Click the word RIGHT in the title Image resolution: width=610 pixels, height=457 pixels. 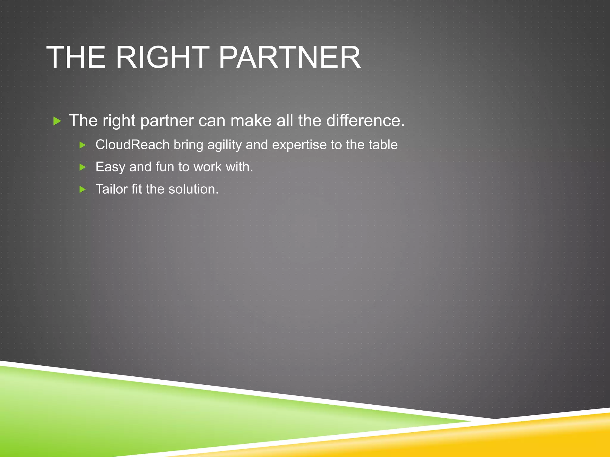[162, 57]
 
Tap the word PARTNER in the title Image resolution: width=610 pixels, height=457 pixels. [290, 57]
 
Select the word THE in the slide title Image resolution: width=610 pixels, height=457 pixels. [76, 57]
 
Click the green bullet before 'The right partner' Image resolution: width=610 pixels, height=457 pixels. [57, 121]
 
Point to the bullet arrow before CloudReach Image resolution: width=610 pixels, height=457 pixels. [83, 145]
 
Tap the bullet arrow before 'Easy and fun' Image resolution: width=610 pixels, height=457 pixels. [83, 167]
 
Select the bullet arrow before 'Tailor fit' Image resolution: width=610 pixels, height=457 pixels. [83, 190]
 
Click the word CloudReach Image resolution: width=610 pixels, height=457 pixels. [132, 145]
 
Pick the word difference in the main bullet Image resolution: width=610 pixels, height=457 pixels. [365, 120]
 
